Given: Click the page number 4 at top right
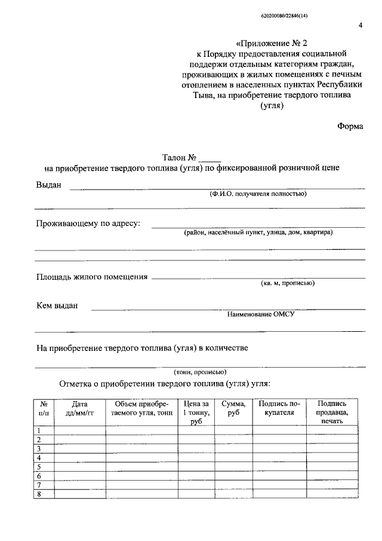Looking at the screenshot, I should coord(360,25).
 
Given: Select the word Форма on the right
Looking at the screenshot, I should coord(350,126).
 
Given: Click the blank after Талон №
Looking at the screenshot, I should coord(210,158).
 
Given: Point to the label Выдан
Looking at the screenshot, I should coord(49,185).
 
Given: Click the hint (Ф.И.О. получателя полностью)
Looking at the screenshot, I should coord(258,194).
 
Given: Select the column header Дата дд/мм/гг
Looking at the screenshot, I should coord(79,409).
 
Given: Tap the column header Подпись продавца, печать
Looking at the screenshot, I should coord(332,412).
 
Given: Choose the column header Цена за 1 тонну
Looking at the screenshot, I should coord(196,412).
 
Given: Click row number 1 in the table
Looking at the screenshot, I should coord(39,430).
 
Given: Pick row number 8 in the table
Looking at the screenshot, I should coord(39,494).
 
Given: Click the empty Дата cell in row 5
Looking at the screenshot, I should coord(79,467).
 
